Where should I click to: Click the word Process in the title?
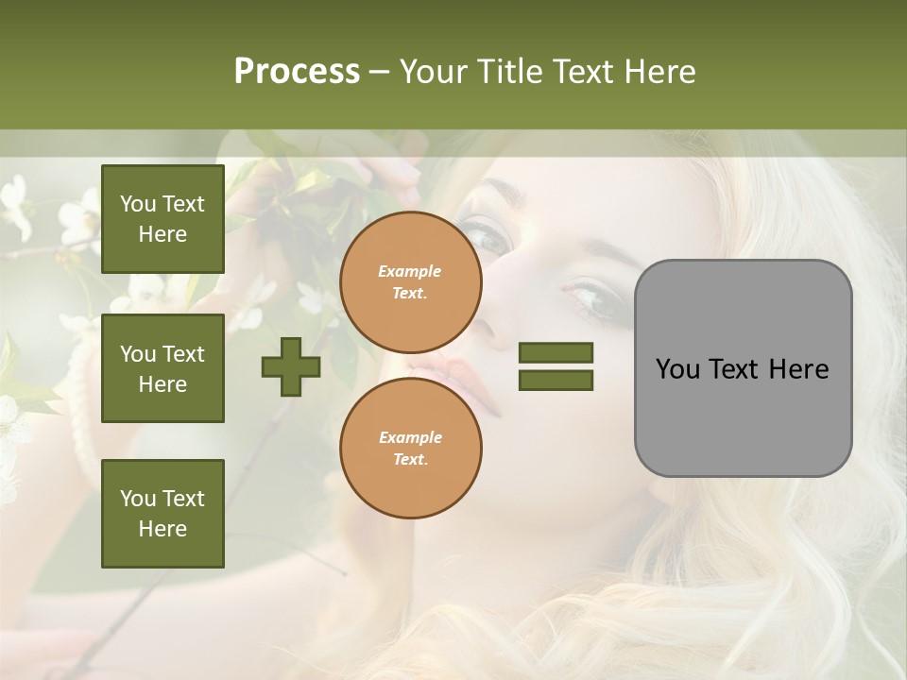297,72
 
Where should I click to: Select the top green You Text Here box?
163,219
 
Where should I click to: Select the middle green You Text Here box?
163,368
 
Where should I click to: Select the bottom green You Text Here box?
163,513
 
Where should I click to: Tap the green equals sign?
556,366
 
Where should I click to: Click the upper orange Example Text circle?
411,282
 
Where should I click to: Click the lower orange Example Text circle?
411,448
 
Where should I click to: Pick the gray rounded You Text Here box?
743,368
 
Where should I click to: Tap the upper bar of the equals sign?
556,353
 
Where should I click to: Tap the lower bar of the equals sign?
556,380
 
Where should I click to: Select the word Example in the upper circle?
409,272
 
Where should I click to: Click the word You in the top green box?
137,204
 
